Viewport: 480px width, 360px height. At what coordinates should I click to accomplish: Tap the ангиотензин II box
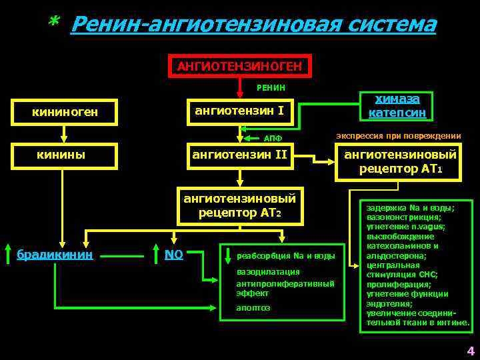tap(239, 155)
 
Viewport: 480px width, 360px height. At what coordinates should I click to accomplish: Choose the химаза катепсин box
tap(397, 105)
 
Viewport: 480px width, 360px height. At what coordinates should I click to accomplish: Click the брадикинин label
tap(55, 253)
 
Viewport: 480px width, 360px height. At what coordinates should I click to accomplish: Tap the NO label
tap(175, 253)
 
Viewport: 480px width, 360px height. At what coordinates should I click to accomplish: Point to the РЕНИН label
tap(271, 87)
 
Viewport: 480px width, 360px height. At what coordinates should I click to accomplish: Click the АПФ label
tap(273, 139)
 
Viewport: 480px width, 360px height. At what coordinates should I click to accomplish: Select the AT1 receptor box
tap(399, 162)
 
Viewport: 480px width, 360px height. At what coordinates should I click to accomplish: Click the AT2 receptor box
tap(244, 205)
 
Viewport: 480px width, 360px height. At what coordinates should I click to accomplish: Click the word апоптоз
tap(253, 307)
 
